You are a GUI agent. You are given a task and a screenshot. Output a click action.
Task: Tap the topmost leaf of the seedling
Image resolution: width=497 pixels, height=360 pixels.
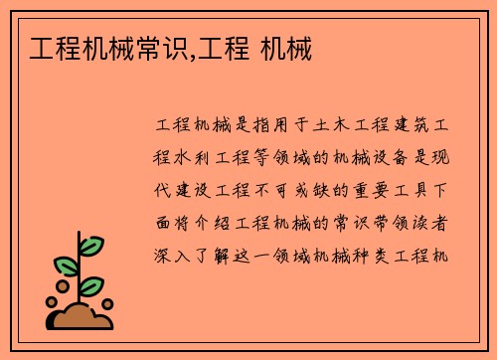click(91, 245)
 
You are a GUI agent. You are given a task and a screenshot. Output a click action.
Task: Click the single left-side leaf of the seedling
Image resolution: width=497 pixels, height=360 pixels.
click(66, 266)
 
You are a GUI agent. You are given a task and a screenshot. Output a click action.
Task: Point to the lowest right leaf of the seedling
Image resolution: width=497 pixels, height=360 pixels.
click(91, 286)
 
